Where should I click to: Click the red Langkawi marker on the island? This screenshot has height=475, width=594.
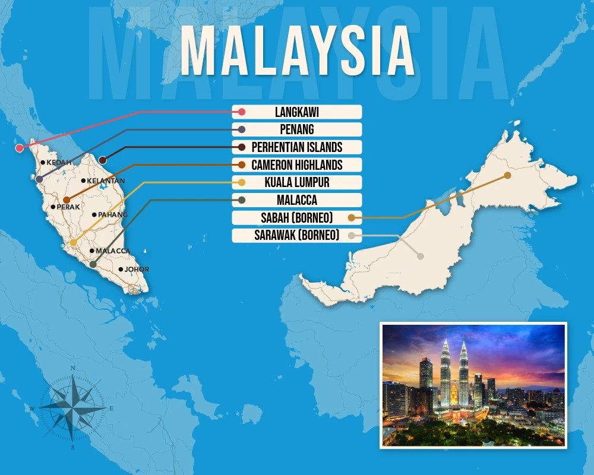click(x=20, y=148)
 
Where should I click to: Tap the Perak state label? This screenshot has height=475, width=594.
click(x=64, y=207)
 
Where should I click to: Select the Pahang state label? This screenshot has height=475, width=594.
click(x=113, y=214)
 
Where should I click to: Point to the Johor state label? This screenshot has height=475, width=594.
click(x=137, y=269)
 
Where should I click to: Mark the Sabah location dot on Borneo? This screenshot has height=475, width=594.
click(x=507, y=175)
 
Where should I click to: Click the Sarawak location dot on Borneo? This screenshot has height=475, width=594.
click(x=420, y=256)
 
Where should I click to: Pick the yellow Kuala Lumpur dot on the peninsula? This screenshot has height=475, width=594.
click(x=73, y=242)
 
